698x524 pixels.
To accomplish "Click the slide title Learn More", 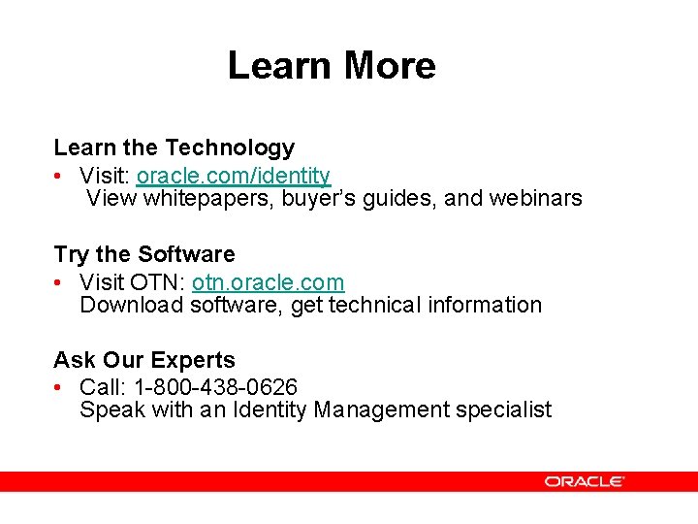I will tap(332, 66).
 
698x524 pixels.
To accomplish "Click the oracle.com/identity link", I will tap(234, 176).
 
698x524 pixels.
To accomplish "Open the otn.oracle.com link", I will tap(268, 282).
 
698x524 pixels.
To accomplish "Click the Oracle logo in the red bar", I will tap(584, 481).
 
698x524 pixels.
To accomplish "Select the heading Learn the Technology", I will tap(174, 147).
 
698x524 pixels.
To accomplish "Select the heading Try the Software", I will tap(144, 254).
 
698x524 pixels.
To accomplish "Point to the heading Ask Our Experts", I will tap(144, 360).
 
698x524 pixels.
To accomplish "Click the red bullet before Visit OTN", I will tap(60, 282).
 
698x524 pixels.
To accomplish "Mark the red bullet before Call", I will tap(60, 388).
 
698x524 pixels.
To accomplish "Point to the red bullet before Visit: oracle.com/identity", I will tap(60, 177).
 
